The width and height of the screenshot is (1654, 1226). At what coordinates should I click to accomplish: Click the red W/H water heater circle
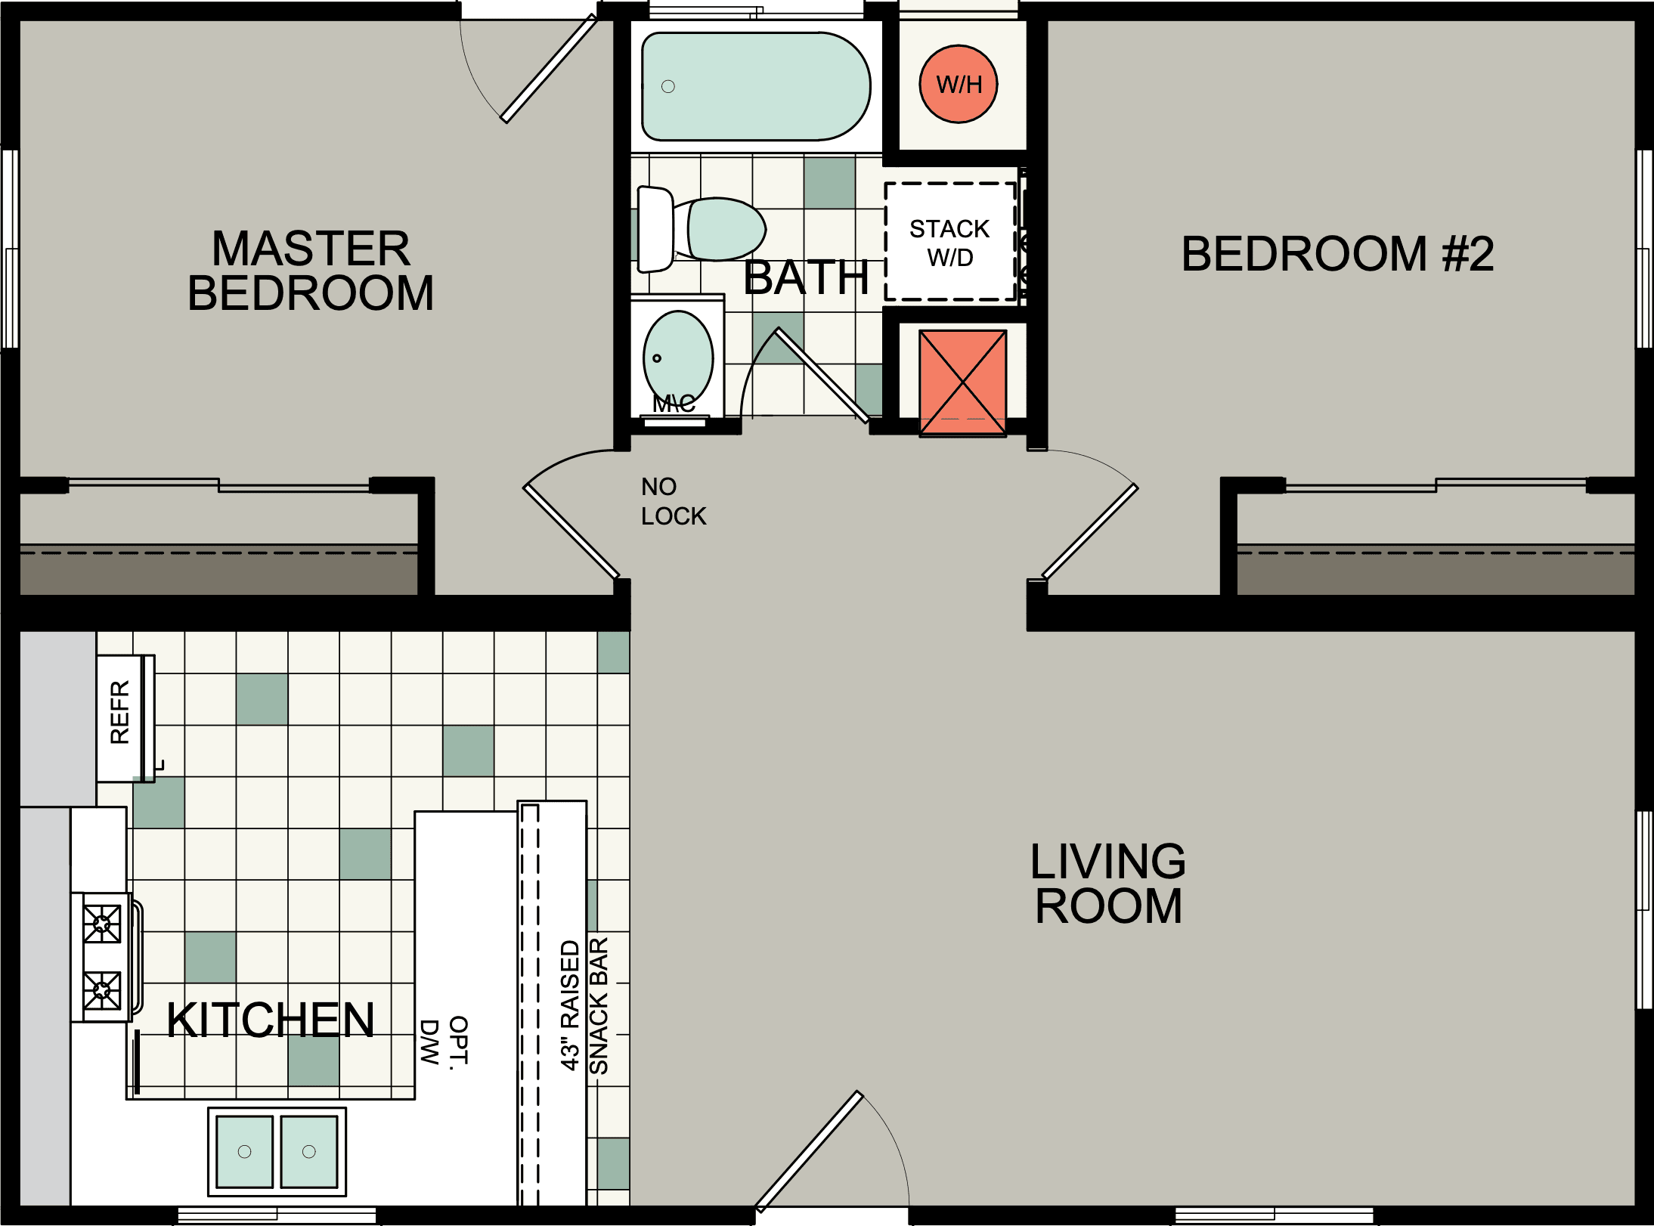tap(958, 84)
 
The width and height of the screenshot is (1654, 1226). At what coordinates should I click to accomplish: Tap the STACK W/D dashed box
tap(949, 242)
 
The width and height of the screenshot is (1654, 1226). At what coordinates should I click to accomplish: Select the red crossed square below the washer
tap(962, 382)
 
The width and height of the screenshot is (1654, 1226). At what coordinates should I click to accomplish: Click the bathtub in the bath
tap(756, 86)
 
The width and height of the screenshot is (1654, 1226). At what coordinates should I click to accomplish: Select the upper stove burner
tap(102, 924)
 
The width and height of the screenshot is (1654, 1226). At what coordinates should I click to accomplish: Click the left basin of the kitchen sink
tap(244, 1151)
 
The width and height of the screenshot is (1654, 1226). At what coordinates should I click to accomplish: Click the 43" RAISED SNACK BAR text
tap(584, 1005)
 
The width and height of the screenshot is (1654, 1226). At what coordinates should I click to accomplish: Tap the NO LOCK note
tap(672, 501)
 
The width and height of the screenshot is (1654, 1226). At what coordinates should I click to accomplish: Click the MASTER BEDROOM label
tap(311, 271)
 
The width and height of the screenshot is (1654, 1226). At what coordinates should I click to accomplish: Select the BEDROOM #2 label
tap(1337, 254)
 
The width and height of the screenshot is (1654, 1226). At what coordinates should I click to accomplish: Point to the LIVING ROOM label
tap(1107, 883)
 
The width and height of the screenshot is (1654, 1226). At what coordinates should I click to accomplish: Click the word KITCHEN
tap(270, 1020)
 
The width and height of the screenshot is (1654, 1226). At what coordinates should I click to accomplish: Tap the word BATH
tap(806, 278)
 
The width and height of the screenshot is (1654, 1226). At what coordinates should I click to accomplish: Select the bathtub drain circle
tap(667, 86)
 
